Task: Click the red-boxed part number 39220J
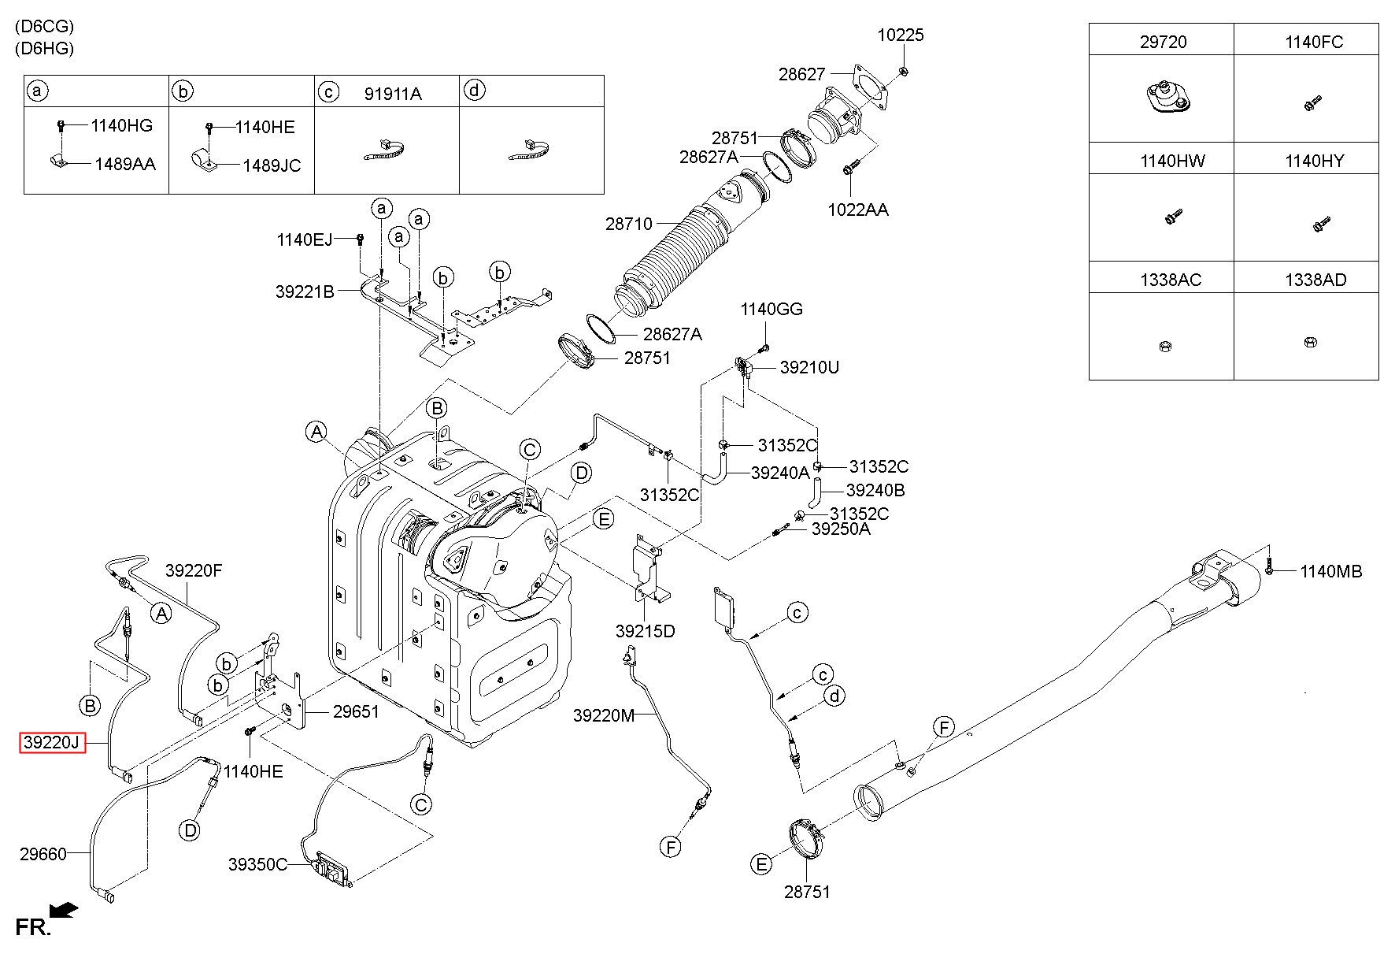[x=52, y=742]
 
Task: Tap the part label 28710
[x=628, y=224]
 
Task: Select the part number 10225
[x=901, y=35]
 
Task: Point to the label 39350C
[x=258, y=864]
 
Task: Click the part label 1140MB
[x=1330, y=571]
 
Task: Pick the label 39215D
[x=646, y=631]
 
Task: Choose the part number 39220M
[x=603, y=715]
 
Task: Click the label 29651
[x=356, y=711]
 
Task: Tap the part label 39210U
[x=809, y=367]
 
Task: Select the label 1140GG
[x=772, y=309]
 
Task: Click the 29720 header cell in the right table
[x=1163, y=42]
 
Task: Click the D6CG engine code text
[x=44, y=27]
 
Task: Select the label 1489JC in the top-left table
[x=272, y=165]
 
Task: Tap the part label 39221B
[x=305, y=291]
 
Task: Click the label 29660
[x=43, y=853]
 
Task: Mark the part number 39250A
[x=841, y=529]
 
